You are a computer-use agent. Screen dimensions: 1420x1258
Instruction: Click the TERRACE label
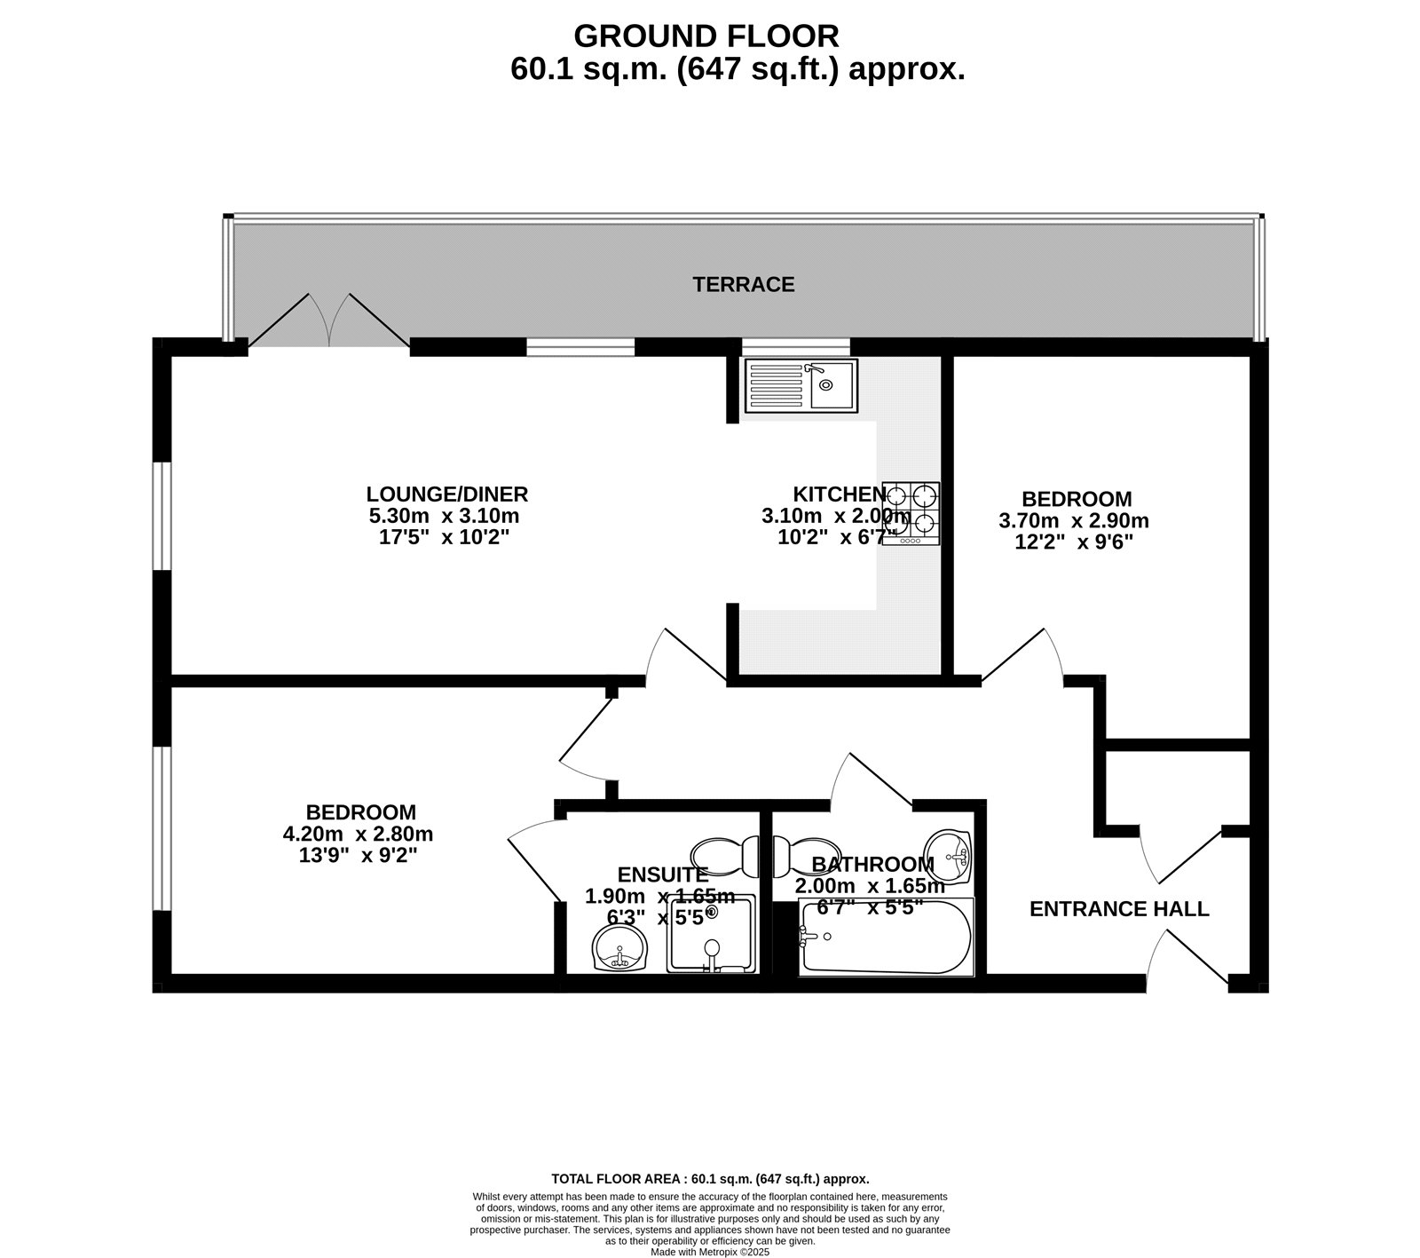(x=743, y=285)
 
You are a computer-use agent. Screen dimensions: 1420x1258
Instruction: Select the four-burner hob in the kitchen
(x=911, y=514)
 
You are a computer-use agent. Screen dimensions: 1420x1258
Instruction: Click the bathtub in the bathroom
(x=886, y=937)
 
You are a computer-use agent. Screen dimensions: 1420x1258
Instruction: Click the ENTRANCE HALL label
(x=1119, y=909)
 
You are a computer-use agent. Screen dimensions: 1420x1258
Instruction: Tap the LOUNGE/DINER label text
(x=447, y=494)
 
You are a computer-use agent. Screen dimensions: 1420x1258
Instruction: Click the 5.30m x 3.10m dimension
(x=444, y=516)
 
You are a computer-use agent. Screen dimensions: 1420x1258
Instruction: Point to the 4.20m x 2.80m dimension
(x=358, y=834)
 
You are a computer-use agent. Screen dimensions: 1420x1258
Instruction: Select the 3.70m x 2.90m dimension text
(x=1074, y=520)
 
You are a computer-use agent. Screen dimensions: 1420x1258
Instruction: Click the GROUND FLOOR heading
(x=706, y=36)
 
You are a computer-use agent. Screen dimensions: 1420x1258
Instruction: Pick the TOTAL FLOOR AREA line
(x=710, y=1180)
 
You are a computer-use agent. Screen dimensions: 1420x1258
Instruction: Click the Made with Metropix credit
(x=710, y=1253)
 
